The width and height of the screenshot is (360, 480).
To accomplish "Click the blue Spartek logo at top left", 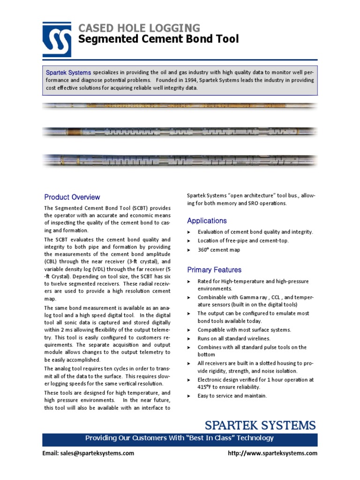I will (57, 39).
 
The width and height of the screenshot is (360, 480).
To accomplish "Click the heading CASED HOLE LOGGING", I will (139, 28).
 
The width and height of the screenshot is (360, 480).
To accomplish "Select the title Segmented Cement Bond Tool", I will (158, 39).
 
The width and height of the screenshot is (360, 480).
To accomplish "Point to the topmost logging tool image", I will (180, 106).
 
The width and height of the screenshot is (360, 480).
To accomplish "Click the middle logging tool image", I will (180, 132).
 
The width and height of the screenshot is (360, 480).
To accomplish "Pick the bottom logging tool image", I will (180, 161).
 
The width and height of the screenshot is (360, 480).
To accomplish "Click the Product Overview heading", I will (72, 197).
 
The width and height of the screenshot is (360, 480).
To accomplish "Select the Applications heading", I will (207, 221).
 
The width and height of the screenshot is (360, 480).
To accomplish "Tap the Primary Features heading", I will (214, 270).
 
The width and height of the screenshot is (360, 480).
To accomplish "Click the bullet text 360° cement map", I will (218, 250).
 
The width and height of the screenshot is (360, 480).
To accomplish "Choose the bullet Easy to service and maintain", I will (232, 396).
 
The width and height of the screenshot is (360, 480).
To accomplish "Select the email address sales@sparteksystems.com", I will (88, 453).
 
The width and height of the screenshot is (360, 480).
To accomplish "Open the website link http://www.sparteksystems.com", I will (272, 453).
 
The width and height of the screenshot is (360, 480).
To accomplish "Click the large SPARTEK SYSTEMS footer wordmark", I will (260, 426).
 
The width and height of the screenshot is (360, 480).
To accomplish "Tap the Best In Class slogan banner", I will (180, 438).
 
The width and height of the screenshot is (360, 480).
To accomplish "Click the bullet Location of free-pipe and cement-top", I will (243, 240).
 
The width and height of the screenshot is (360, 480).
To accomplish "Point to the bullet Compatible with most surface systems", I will (244, 330).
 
